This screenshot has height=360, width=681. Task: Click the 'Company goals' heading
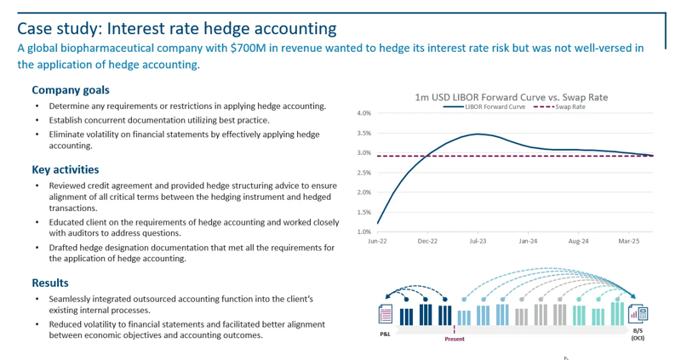(71, 89)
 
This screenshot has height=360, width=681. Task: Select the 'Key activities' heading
(66, 169)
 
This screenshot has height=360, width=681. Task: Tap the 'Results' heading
(50, 283)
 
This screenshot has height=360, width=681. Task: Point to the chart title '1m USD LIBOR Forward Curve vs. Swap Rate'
(511, 97)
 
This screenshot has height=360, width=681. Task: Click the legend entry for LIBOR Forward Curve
(495, 107)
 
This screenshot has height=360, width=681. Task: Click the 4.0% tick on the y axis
(363, 113)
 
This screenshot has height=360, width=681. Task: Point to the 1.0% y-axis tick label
(363, 231)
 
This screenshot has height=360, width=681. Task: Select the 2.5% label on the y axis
(363, 173)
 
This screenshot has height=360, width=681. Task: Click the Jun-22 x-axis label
(377, 242)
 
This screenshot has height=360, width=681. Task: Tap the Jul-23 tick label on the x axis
(478, 242)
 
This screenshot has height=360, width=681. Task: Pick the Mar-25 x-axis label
(628, 242)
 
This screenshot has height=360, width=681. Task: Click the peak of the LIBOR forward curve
(478, 134)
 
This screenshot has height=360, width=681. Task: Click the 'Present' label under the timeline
(455, 339)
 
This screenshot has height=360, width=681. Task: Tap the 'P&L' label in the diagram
(386, 334)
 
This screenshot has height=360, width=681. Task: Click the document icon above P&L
(386, 315)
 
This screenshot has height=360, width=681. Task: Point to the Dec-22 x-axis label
(427, 242)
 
